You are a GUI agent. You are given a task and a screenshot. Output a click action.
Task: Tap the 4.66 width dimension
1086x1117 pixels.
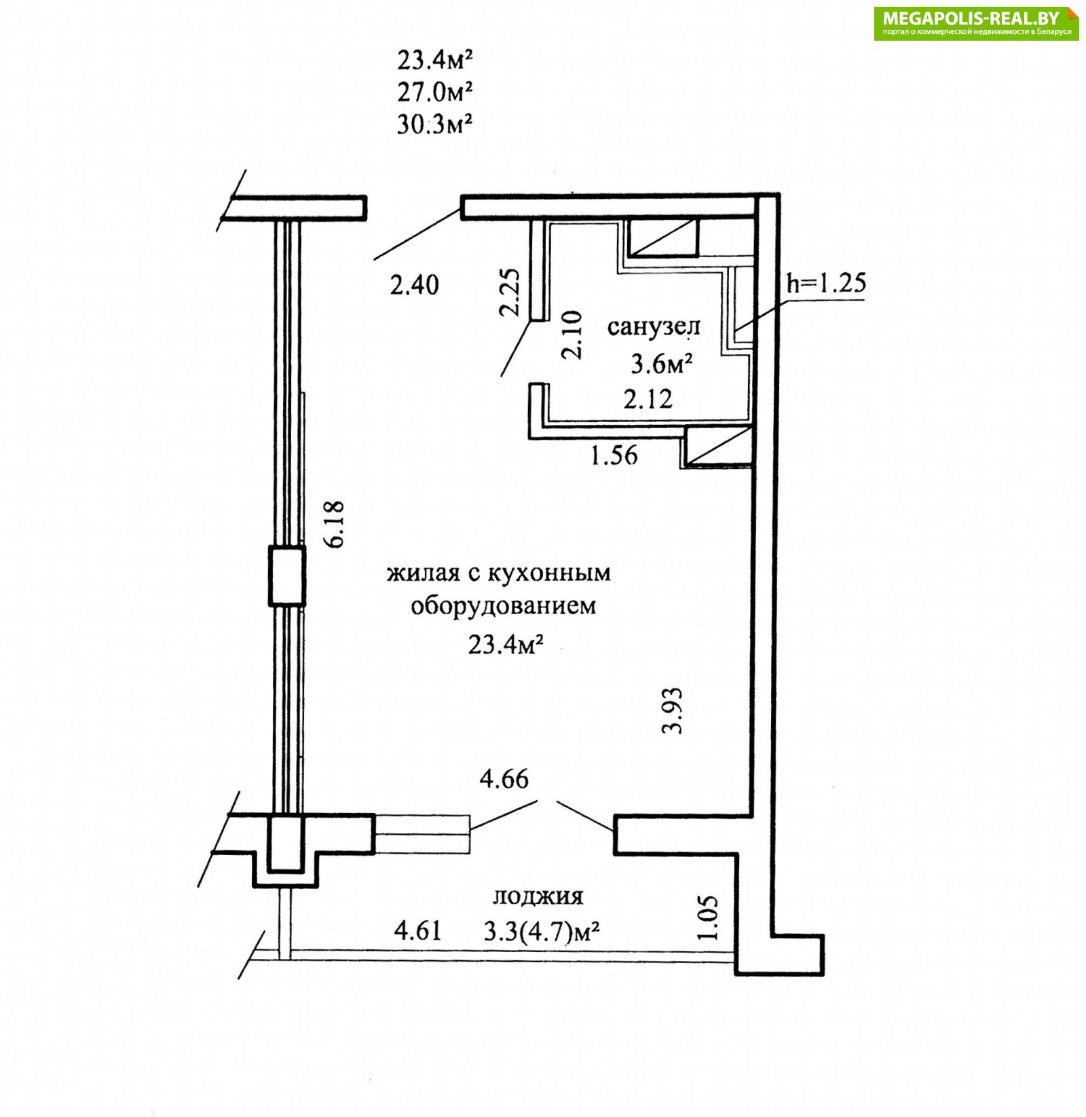point(504,779)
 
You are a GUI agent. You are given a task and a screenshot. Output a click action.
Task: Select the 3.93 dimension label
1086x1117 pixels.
point(673,711)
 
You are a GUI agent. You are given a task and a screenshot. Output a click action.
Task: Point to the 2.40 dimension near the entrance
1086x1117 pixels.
point(414,284)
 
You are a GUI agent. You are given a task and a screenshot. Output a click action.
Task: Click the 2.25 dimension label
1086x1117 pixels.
point(510,292)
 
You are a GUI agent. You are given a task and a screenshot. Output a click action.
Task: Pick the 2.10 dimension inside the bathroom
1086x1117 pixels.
point(571,335)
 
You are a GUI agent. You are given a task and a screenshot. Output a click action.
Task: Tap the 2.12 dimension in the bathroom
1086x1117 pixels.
point(648,399)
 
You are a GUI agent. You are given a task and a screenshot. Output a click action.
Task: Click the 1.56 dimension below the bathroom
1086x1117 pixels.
point(614,455)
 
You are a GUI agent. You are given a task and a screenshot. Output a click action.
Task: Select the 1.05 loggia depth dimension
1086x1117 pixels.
point(707,917)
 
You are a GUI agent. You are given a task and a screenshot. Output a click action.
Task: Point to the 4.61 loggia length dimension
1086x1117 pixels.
point(417,930)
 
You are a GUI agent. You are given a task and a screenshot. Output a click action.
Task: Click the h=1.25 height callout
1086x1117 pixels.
point(827,283)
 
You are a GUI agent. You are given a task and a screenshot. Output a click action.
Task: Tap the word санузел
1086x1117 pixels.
point(653,327)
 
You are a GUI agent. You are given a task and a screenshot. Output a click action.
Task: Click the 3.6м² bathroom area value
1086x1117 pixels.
point(661,364)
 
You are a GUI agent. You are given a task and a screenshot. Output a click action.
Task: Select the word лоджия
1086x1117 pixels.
point(538,896)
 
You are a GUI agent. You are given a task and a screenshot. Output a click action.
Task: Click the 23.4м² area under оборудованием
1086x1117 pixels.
point(505,643)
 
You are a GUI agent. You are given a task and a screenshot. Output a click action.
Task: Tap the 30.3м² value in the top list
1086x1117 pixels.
point(434,124)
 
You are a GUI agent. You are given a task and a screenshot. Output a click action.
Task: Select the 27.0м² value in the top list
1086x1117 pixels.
point(434,91)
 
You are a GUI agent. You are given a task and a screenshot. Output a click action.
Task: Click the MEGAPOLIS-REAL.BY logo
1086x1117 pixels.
point(976,24)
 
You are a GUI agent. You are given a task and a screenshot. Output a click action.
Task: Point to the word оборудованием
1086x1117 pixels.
point(503,605)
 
